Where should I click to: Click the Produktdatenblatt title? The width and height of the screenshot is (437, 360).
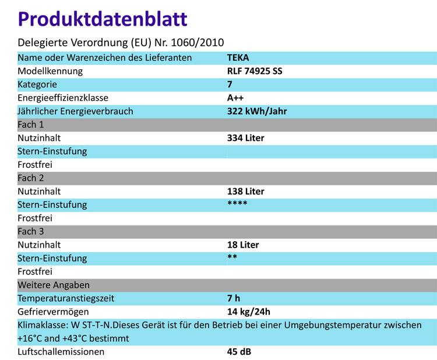tap(103, 19)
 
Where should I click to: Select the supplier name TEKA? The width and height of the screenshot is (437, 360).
tap(238, 58)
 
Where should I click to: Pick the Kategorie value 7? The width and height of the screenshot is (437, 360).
tap(230, 84)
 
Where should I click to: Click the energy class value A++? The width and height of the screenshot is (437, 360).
tap(235, 98)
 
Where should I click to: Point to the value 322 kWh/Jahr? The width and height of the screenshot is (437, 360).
tap(256, 111)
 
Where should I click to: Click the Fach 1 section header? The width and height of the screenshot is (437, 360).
tap(31, 125)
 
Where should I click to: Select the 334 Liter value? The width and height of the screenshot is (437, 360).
tap(245, 138)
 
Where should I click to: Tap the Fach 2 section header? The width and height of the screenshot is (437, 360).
tap(31, 178)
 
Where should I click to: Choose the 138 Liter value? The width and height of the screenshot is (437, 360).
tap(245, 191)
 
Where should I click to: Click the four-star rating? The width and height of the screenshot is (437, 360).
tap(237, 203)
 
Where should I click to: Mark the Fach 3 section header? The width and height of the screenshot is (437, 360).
tap(31, 231)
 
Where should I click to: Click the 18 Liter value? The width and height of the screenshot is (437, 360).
tap(243, 245)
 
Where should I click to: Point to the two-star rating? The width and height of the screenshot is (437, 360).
tap(232, 257)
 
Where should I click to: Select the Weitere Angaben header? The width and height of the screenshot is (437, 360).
tap(54, 285)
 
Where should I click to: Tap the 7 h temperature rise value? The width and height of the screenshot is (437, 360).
tap(233, 298)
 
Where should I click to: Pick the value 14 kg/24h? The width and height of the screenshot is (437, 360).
tap(249, 312)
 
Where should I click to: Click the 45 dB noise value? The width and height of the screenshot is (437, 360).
tap(239, 352)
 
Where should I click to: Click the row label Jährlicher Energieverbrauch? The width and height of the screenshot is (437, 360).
tap(76, 111)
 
